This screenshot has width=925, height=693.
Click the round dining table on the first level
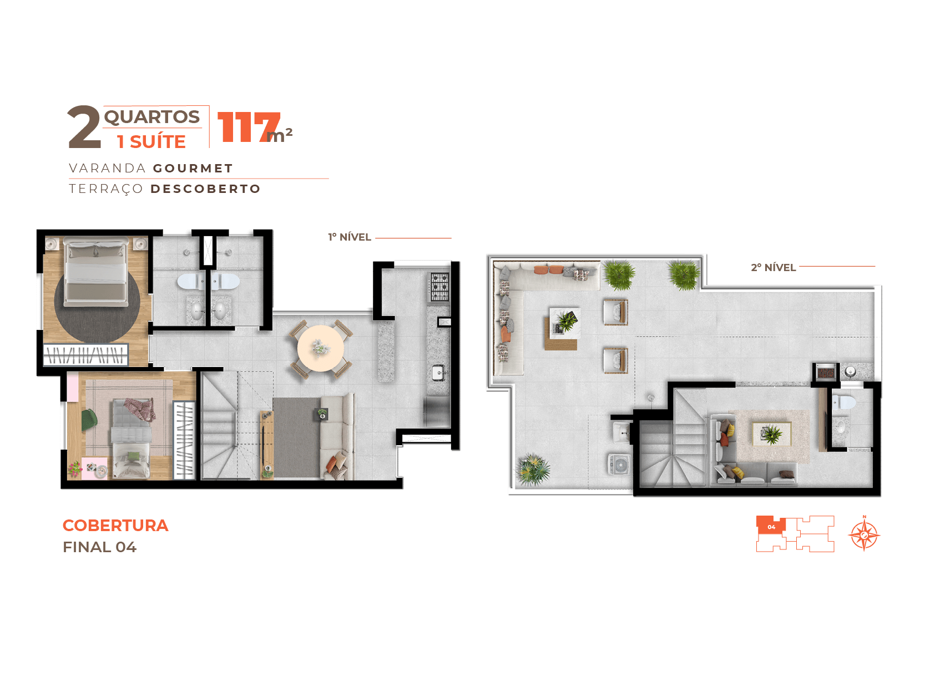click(x=320, y=348)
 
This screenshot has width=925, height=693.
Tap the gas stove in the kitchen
click(x=439, y=287)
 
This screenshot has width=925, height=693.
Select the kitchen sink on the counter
click(x=438, y=373)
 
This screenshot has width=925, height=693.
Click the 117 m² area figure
click(x=254, y=127)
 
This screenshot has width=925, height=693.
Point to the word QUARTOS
click(x=151, y=116)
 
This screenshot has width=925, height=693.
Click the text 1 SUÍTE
click(x=151, y=141)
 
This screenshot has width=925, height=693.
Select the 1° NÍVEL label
click(x=350, y=237)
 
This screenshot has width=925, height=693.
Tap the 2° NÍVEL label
click(x=773, y=267)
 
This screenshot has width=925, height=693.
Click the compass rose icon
click(x=864, y=534)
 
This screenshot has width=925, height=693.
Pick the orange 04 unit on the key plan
click(x=770, y=526)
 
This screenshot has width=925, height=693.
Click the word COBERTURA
click(x=115, y=525)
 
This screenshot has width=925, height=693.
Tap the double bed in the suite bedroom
click(x=97, y=272)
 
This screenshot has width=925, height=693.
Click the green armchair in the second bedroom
click(x=89, y=419)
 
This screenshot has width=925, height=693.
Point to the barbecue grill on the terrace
click(x=826, y=372)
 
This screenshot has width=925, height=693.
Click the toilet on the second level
click(x=843, y=402)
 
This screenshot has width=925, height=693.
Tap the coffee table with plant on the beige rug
click(x=772, y=434)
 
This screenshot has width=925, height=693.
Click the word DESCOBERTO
click(x=206, y=188)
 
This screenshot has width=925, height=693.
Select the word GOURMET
click(x=193, y=169)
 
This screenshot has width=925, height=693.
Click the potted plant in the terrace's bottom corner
click(x=533, y=470)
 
